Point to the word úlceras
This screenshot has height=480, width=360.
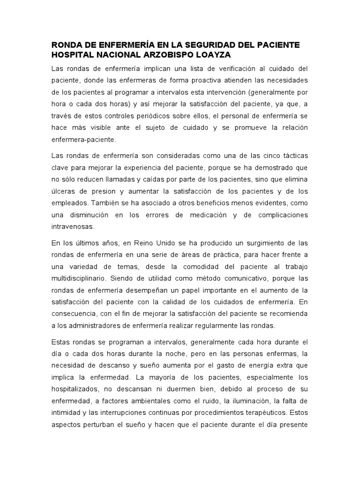[x=62, y=191]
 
